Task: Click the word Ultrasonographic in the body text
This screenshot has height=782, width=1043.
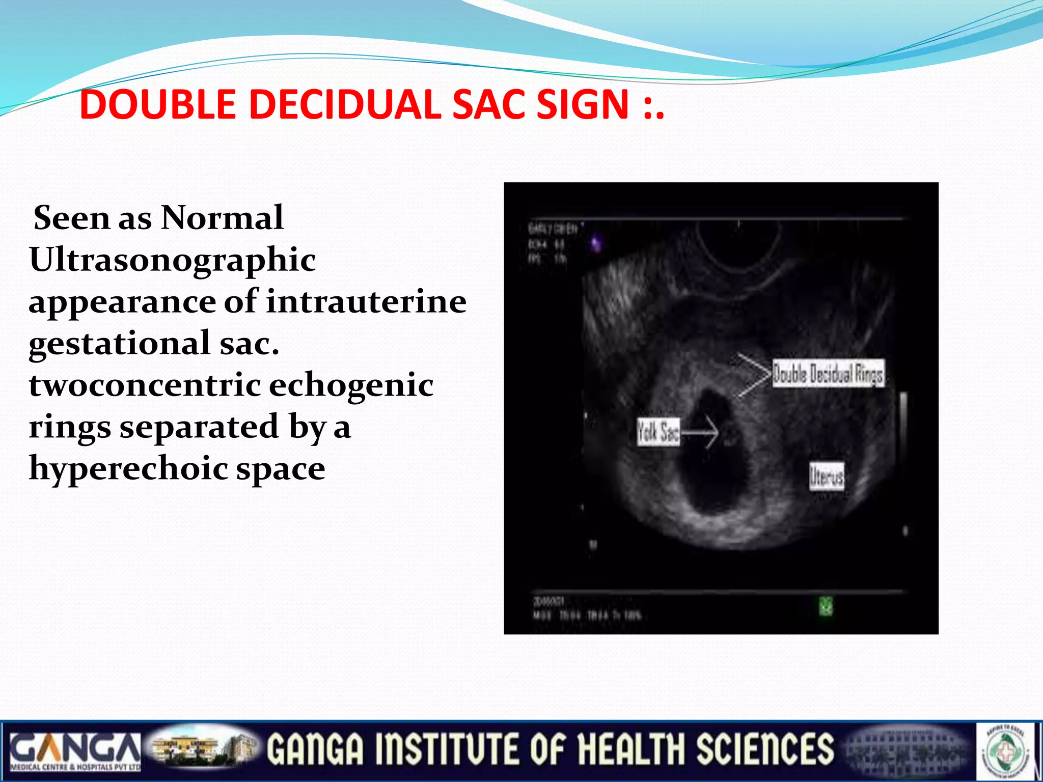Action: [x=172, y=261]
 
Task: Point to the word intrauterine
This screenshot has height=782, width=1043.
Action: [x=366, y=301]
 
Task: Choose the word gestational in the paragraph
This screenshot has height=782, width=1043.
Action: [x=119, y=344]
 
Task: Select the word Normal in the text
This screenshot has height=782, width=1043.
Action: [x=222, y=218]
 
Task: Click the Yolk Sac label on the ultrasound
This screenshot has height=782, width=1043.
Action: [x=658, y=432]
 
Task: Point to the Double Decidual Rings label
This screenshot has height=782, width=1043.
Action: [x=828, y=374]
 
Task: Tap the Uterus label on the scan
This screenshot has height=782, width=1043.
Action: [x=827, y=477]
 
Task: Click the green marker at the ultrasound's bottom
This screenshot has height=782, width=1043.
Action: [x=826, y=606]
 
